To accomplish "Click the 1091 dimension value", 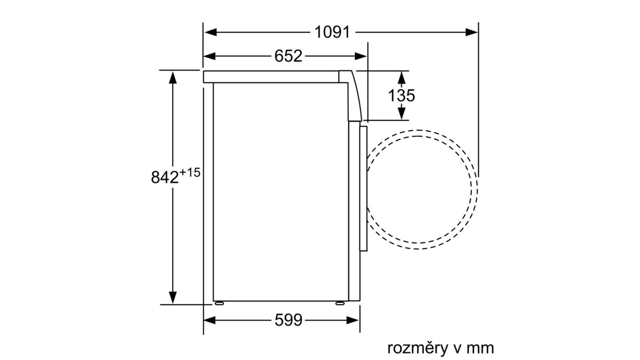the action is (x=332, y=32).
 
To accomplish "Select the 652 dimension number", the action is (x=288, y=56).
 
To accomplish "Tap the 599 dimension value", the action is (x=288, y=320).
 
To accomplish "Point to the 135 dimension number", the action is (x=401, y=96).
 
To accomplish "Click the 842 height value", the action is (x=165, y=177).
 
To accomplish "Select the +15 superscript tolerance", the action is (x=190, y=173).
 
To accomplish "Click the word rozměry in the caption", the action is (x=417, y=348).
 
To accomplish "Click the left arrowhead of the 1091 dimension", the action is (x=210, y=32).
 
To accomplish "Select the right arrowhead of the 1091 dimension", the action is (x=471, y=32).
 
